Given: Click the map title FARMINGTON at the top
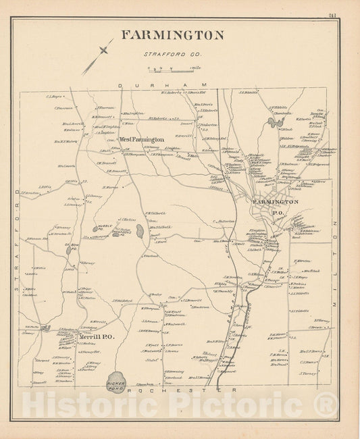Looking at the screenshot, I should tap(172, 36).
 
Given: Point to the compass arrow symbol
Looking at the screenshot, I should tap(99, 56).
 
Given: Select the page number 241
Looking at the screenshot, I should tap(332, 16).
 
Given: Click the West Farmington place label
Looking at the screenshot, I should tap(142, 140).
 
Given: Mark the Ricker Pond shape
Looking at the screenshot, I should tap(115, 381).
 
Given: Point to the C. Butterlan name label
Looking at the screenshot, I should tap(224, 221).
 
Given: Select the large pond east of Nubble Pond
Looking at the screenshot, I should tap(139, 231).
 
